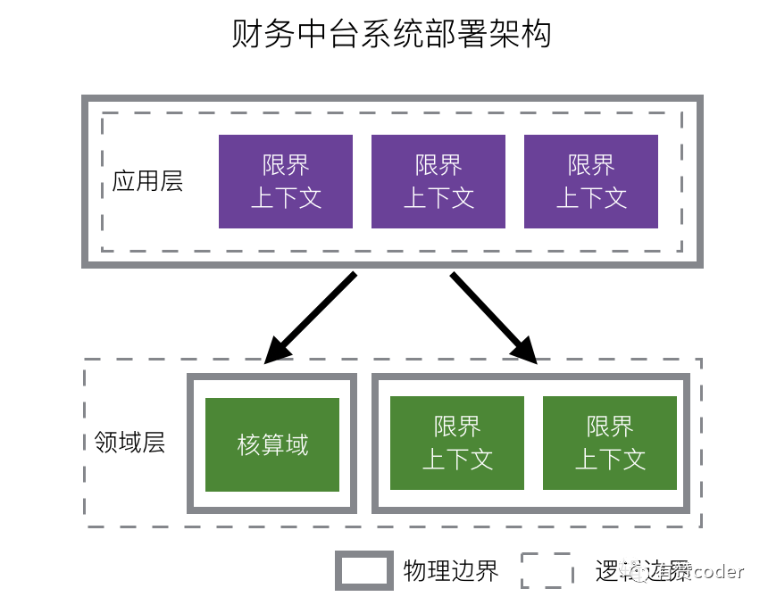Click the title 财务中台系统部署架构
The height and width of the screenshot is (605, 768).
click(391, 35)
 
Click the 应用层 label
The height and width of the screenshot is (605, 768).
click(147, 181)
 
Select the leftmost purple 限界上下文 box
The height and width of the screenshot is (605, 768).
click(286, 181)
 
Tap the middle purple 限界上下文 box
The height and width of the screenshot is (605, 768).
click(438, 181)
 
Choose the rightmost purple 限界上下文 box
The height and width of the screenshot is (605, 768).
click(591, 181)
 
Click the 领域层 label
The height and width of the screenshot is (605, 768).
click(130, 443)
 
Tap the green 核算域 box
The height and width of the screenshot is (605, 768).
click(272, 444)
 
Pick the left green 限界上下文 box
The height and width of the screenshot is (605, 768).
click(458, 443)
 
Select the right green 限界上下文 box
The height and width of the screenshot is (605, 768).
click(610, 443)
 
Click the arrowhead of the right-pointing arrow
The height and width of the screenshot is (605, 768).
click(527, 352)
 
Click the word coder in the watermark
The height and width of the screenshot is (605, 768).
click(717, 572)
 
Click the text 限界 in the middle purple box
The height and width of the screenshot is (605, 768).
click(438, 165)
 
